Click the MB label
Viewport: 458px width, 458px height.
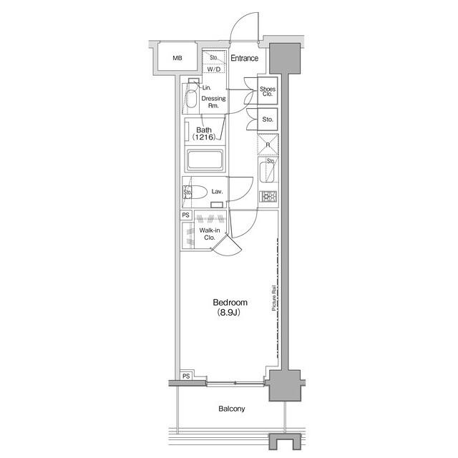point(177,59)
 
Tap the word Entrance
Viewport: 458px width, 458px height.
point(243,59)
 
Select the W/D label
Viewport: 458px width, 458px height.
point(214,69)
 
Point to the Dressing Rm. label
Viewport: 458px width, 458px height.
point(213,102)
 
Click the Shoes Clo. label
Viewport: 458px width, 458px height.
point(268,91)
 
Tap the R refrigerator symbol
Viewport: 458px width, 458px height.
point(268,145)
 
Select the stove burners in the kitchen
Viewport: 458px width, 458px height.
point(268,197)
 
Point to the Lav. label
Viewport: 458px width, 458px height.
point(218,192)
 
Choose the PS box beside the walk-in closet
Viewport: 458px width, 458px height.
point(185,215)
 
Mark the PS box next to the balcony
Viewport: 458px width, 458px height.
point(185,376)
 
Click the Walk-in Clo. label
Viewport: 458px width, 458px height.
point(209,233)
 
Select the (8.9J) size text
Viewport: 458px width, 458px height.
point(228,314)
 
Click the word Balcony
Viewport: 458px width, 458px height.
point(231,409)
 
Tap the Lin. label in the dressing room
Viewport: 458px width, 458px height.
point(205,87)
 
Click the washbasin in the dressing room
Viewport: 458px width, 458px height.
point(191,99)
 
